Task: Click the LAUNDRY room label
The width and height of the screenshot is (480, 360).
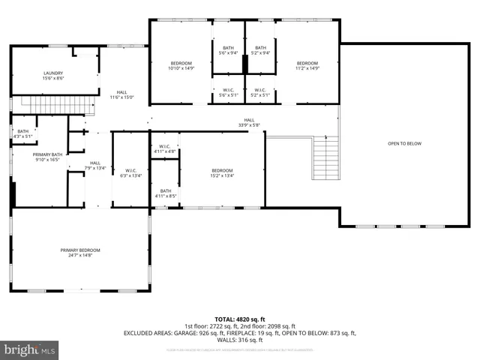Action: (x=52, y=73)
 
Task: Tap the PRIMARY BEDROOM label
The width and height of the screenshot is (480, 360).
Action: (x=80, y=250)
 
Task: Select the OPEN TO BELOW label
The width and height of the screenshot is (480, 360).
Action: (x=404, y=143)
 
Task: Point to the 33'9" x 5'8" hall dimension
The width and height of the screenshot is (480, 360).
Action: (x=248, y=125)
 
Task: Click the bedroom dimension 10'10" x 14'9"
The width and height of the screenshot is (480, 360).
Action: (x=181, y=68)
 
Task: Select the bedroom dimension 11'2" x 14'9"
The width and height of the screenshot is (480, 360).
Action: (x=307, y=68)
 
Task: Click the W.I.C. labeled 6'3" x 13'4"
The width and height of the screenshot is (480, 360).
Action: (x=130, y=175)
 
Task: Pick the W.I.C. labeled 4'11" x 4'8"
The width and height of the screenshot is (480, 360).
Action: (x=165, y=151)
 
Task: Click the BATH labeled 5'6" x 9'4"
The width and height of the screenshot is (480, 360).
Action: (x=228, y=52)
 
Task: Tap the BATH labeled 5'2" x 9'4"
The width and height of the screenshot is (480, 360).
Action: (x=259, y=52)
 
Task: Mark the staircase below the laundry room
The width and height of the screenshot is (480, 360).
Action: (x=45, y=103)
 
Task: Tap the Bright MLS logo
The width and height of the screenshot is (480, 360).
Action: (x=30, y=349)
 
